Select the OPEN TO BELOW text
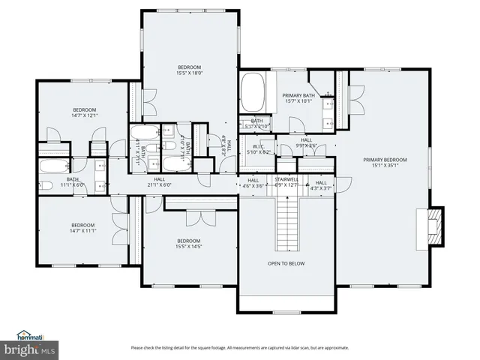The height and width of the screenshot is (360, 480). [286, 263]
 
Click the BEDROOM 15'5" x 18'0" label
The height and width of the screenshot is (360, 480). [189, 70]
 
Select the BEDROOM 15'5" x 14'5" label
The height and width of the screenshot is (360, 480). [189, 243]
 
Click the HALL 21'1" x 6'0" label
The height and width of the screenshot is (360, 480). [160, 182]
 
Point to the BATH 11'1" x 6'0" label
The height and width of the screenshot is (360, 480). [73, 182]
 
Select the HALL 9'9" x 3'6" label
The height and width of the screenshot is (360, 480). [306, 142]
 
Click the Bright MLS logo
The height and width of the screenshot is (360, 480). [30, 349]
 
